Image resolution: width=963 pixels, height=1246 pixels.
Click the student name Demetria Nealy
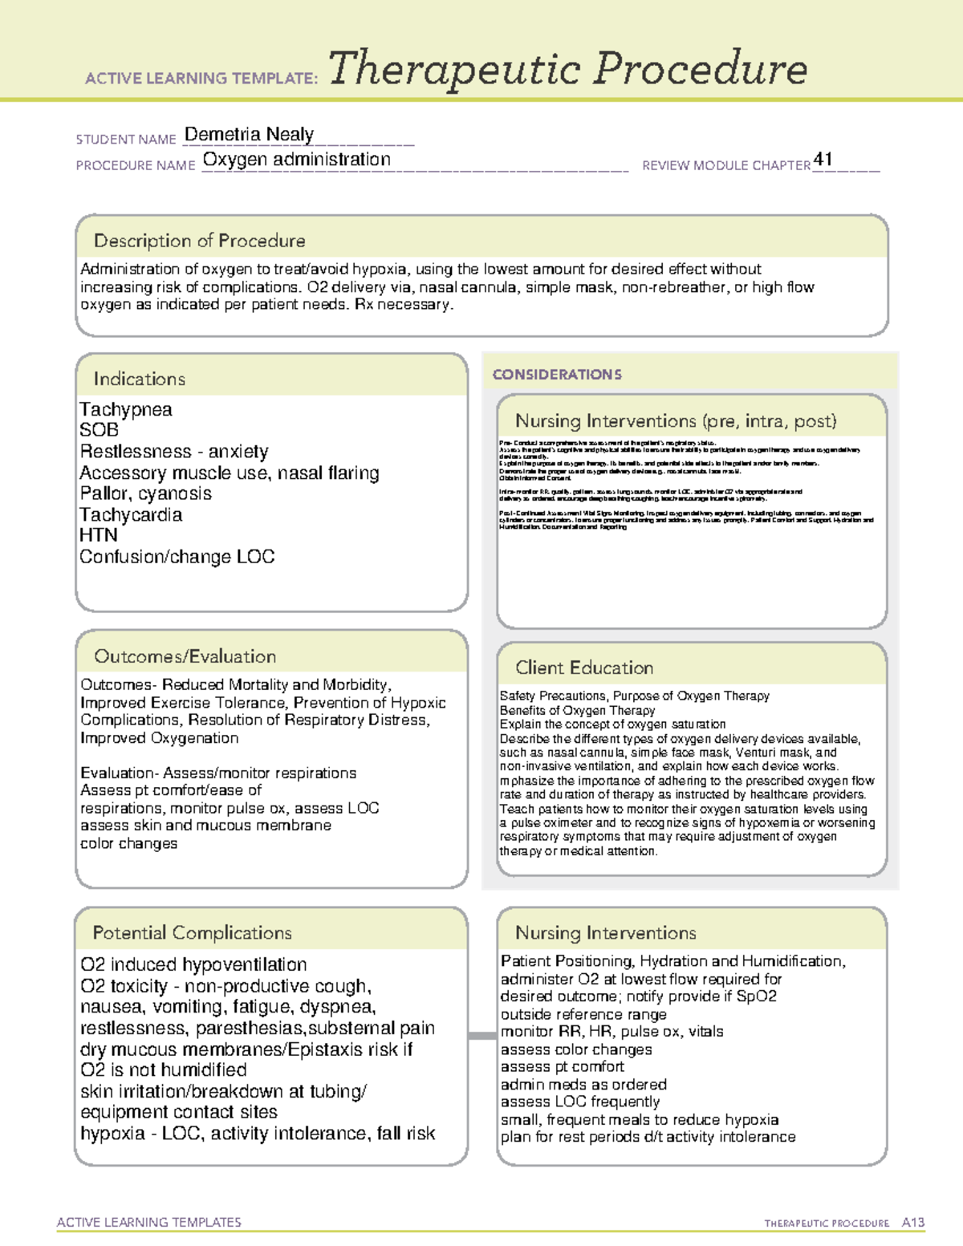click(249, 134)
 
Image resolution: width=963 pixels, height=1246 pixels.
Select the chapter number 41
click(823, 159)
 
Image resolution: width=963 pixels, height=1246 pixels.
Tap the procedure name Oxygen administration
click(296, 160)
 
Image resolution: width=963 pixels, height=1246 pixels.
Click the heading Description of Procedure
click(199, 241)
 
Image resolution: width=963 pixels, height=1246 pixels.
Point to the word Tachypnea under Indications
click(126, 409)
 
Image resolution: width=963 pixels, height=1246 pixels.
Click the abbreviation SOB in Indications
click(99, 430)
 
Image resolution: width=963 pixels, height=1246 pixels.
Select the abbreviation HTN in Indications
click(98, 535)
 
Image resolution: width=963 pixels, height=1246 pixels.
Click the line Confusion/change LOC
click(177, 557)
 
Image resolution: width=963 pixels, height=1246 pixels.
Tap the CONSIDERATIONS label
click(557, 375)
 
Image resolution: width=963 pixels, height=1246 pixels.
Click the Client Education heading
click(584, 668)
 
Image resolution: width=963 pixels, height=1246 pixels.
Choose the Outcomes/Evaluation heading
click(185, 656)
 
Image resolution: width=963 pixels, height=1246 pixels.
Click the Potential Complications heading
click(192, 932)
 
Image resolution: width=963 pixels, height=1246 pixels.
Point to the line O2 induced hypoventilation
click(193, 964)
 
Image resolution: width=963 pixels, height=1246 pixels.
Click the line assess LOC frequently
click(580, 1102)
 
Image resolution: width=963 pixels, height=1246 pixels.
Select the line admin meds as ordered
click(583, 1084)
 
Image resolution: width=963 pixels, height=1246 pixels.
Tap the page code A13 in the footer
click(912, 1223)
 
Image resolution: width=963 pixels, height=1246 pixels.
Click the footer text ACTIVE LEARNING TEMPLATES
click(149, 1222)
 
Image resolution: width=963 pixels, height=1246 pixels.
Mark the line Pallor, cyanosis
click(145, 493)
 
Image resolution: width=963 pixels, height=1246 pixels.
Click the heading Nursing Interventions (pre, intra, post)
click(676, 421)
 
